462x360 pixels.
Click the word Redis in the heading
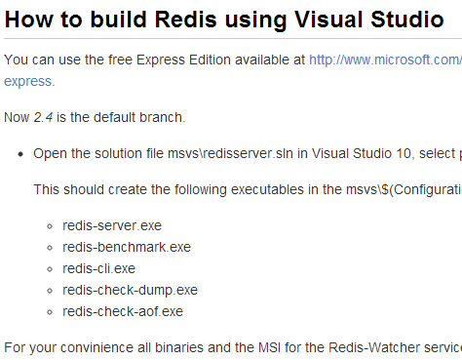tap(185, 20)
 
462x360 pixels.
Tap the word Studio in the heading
tap(407, 20)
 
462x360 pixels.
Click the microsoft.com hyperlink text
tap(385, 60)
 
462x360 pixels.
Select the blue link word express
tap(28, 82)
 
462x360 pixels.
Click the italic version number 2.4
tap(43, 117)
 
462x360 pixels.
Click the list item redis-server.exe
tap(112, 225)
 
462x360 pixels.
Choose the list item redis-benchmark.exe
tap(127, 247)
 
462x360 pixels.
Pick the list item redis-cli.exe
tap(98, 268)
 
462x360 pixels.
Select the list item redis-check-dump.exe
tap(130, 291)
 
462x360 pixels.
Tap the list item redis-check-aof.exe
tap(123, 311)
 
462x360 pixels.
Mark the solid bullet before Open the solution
tap(20, 154)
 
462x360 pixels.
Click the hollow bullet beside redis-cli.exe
tap(50, 269)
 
